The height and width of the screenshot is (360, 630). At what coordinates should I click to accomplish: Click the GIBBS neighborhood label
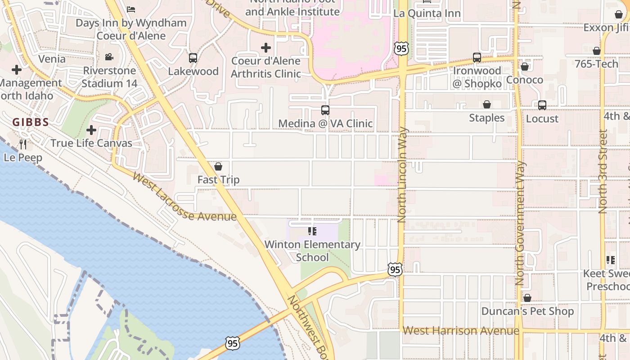(x=31, y=122)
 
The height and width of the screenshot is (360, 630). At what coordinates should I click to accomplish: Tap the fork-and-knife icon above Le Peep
(x=23, y=144)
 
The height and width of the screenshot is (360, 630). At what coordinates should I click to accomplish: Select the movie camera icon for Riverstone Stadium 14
(x=109, y=57)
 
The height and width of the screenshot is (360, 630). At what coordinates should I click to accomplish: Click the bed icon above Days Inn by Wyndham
(x=131, y=9)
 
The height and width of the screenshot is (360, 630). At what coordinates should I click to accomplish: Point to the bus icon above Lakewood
(x=193, y=58)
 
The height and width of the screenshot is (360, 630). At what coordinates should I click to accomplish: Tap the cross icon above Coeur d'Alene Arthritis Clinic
(x=266, y=47)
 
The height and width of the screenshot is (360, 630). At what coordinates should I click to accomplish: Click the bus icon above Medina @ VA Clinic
(x=325, y=110)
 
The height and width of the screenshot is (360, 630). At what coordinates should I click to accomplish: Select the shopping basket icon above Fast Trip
(x=218, y=167)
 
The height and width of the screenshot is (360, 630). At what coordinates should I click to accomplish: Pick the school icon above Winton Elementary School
(x=312, y=231)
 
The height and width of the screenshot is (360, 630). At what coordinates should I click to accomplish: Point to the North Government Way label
(x=520, y=223)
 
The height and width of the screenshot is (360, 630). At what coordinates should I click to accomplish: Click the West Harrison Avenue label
(x=461, y=331)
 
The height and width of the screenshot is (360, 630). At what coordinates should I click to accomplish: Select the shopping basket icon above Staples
(x=487, y=105)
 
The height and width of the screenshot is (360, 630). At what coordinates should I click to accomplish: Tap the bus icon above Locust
(x=542, y=105)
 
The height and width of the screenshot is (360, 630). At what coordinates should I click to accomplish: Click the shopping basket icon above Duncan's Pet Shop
(x=527, y=298)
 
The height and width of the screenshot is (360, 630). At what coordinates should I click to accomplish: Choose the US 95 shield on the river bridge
(x=232, y=344)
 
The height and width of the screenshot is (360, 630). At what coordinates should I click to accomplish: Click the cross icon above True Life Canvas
(x=91, y=130)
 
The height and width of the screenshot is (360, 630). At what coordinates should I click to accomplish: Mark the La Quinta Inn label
(x=427, y=13)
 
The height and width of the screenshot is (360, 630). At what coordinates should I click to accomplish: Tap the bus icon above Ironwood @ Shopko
(x=477, y=58)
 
